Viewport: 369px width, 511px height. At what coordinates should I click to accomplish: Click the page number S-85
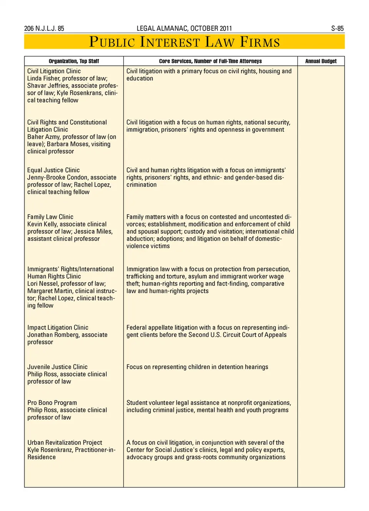click(x=337, y=28)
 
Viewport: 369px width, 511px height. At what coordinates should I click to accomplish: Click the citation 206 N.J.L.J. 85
click(x=44, y=28)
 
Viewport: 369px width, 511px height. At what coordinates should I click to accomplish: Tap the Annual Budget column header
click(x=321, y=61)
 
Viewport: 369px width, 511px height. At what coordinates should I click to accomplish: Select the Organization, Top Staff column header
click(x=74, y=61)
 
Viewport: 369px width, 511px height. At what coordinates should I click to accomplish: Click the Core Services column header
click(x=210, y=61)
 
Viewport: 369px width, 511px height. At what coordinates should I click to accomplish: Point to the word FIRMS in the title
click(x=260, y=42)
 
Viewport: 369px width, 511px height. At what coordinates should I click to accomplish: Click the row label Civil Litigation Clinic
click(x=54, y=71)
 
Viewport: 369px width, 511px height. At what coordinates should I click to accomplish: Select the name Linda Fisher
click(x=43, y=78)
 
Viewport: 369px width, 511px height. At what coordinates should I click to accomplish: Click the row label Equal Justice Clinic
click(x=53, y=170)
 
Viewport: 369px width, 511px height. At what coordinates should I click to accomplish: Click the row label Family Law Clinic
click(x=50, y=217)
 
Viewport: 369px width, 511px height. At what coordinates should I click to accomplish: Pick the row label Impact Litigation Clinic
click(x=58, y=328)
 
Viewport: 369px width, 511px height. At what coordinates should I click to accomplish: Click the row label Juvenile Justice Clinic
click(x=57, y=367)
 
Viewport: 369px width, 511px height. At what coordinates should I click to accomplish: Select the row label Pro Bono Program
click(x=52, y=403)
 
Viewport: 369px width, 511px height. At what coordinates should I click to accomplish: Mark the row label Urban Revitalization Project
click(x=65, y=443)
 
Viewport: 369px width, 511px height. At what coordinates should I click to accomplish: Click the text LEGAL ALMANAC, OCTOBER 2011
click(x=184, y=28)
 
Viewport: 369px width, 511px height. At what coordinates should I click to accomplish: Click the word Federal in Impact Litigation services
click(x=136, y=328)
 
